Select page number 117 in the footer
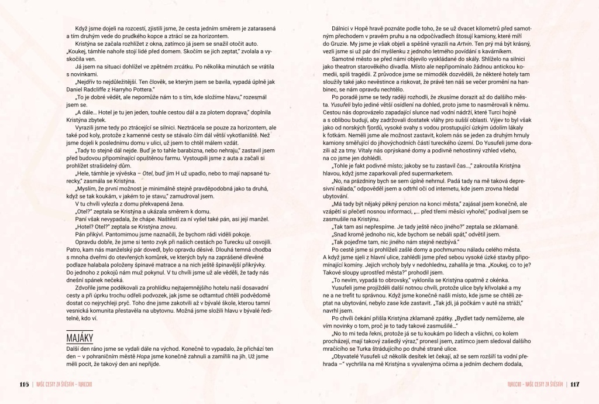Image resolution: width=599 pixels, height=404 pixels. click(574, 384)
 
